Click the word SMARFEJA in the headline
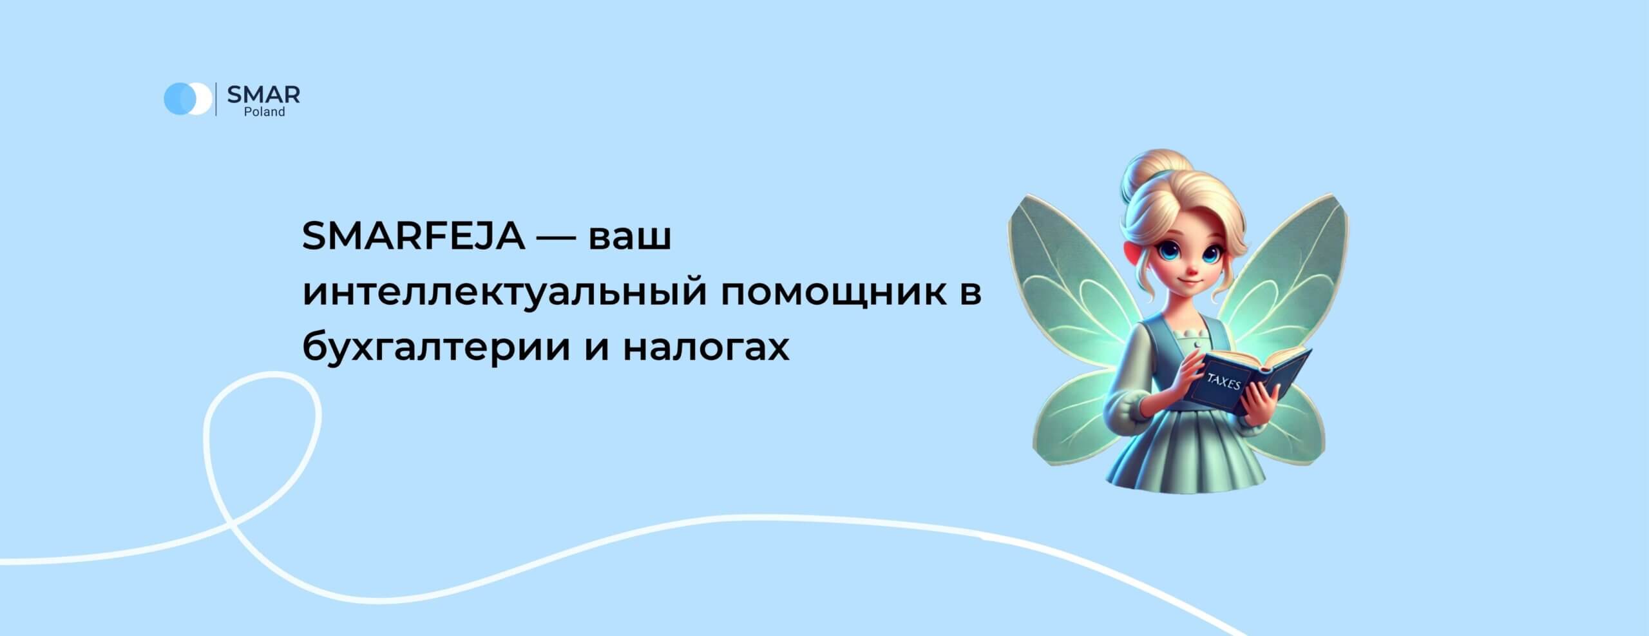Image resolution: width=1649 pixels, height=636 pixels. [414, 236]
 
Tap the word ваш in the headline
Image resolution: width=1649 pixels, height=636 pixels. [631, 236]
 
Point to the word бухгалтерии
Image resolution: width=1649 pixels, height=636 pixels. [437, 349]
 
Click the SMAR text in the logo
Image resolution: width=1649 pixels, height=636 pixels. [263, 95]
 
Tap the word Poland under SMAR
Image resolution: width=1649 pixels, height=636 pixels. [264, 112]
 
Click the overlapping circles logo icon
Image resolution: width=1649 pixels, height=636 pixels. [187, 99]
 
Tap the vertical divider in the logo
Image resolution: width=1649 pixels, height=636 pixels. [216, 99]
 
